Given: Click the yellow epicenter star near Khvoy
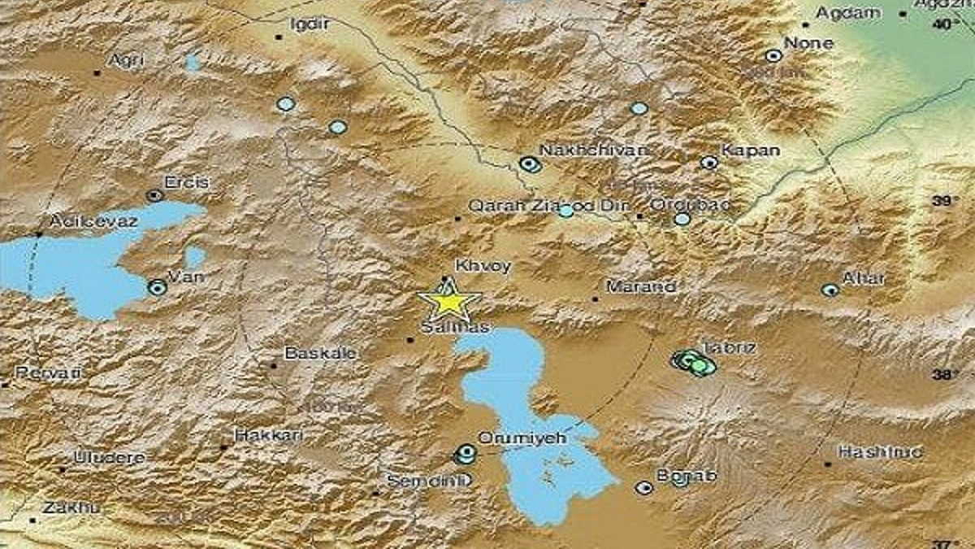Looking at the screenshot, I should tap(448, 301).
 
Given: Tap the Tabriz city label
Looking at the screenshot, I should tap(718, 347).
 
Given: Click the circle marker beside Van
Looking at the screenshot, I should tap(158, 287).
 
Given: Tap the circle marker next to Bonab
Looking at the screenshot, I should tap(644, 488).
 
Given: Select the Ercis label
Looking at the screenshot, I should tap(186, 182).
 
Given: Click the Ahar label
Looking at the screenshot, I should tap(863, 278).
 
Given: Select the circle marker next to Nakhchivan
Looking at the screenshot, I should tap(531, 165).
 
